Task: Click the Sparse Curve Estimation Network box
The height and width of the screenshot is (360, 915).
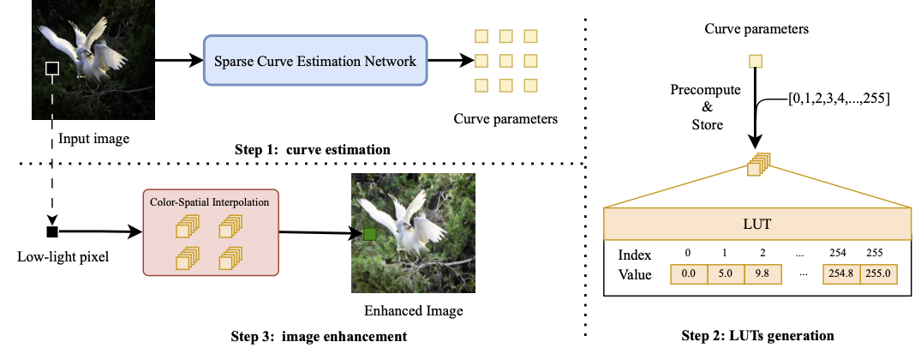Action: click(x=314, y=61)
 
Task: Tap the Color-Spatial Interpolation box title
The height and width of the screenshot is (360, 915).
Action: click(x=210, y=201)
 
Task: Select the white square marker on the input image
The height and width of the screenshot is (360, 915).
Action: click(x=52, y=68)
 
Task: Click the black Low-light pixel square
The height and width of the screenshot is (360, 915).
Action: click(x=52, y=231)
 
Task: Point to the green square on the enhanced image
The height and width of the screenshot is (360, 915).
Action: click(x=370, y=233)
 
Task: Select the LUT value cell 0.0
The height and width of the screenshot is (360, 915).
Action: click(x=688, y=275)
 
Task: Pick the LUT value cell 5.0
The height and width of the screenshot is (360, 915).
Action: click(x=726, y=275)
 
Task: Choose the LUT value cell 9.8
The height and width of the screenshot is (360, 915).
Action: click(x=762, y=275)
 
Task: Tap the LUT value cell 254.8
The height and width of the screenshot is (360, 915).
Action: click(x=840, y=275)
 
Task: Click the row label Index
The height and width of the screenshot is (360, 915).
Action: click(x=634, y=255)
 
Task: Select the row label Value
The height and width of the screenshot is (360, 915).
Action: click(x=634, y=275)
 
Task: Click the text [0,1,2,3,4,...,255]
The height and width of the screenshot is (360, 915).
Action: click(x=840, y=99)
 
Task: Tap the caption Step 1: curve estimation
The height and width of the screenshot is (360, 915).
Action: click(x=313, y=149)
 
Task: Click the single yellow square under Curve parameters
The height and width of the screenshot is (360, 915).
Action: click(x=755, y=61)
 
